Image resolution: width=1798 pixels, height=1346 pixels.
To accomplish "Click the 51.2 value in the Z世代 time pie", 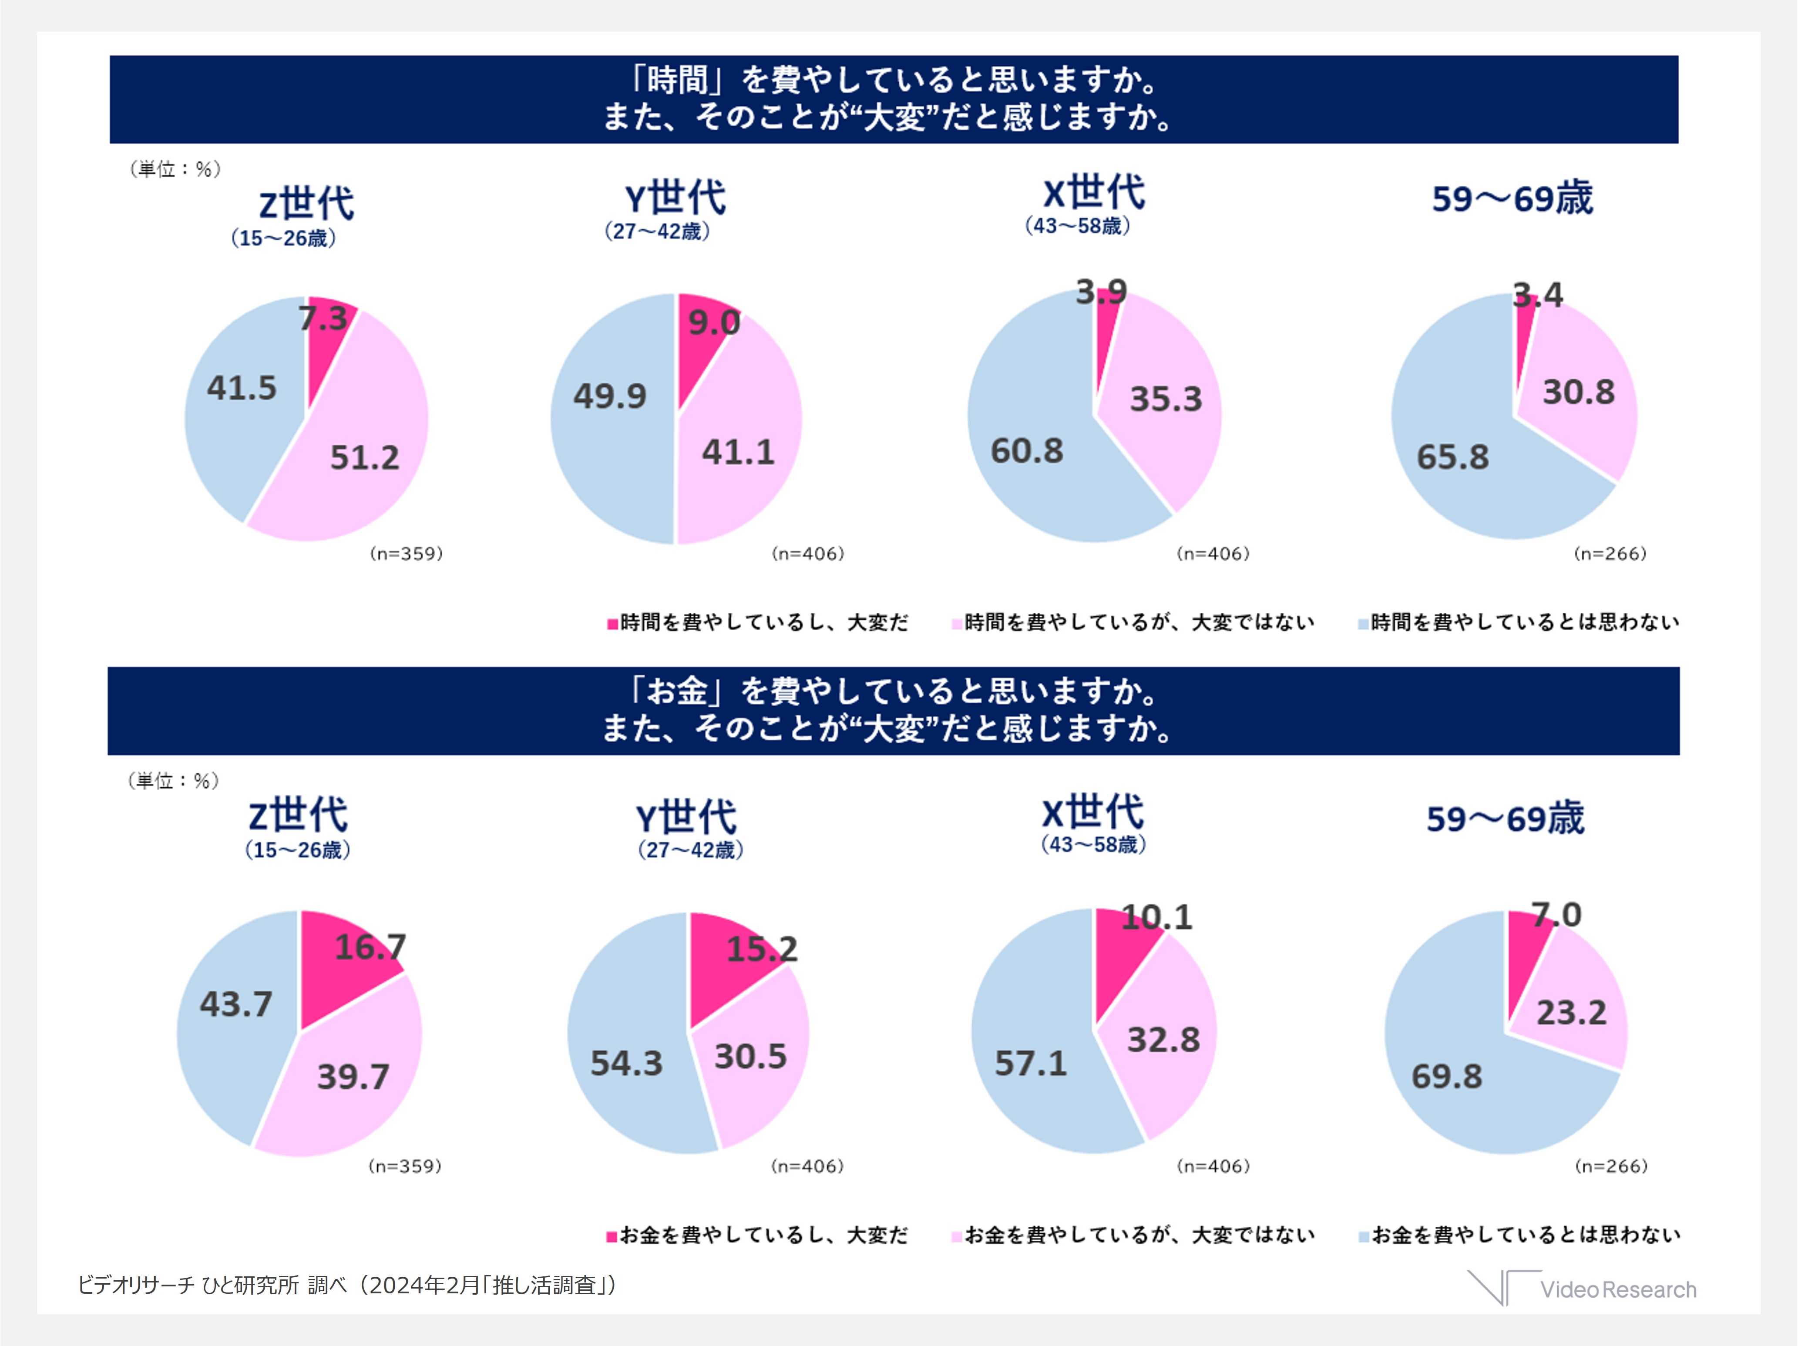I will point(364,458).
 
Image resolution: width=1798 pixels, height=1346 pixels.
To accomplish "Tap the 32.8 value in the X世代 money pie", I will point(1163,1040).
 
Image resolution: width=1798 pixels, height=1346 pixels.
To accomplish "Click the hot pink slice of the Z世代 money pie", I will point(341,975).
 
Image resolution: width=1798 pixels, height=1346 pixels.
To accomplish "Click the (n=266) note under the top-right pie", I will point(1610,554).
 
